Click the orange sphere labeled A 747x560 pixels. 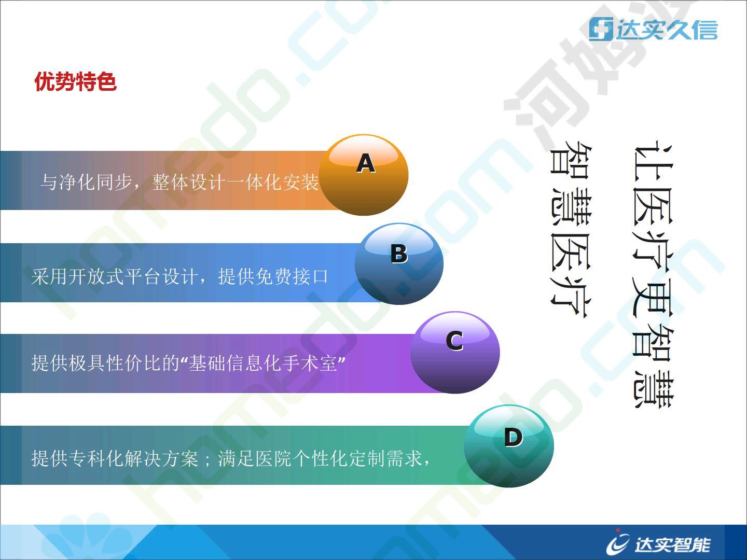[364, 175]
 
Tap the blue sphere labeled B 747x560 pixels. [399, 264]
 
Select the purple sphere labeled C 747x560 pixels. [455, 353]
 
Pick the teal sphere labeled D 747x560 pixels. [509, 446]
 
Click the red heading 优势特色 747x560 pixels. [76, 81]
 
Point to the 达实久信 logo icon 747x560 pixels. [601, 29]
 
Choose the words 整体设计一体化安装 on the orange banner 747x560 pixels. [235, 182]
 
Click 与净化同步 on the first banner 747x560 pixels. [87, 182]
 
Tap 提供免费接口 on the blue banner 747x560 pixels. [273, 276]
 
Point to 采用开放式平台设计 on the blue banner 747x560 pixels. [114, 276]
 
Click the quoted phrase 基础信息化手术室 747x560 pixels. [262, 363]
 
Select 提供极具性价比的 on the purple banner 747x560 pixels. [105, 363]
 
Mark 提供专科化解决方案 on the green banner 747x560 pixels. [114, 458]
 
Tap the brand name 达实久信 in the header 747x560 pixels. [667, 29]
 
